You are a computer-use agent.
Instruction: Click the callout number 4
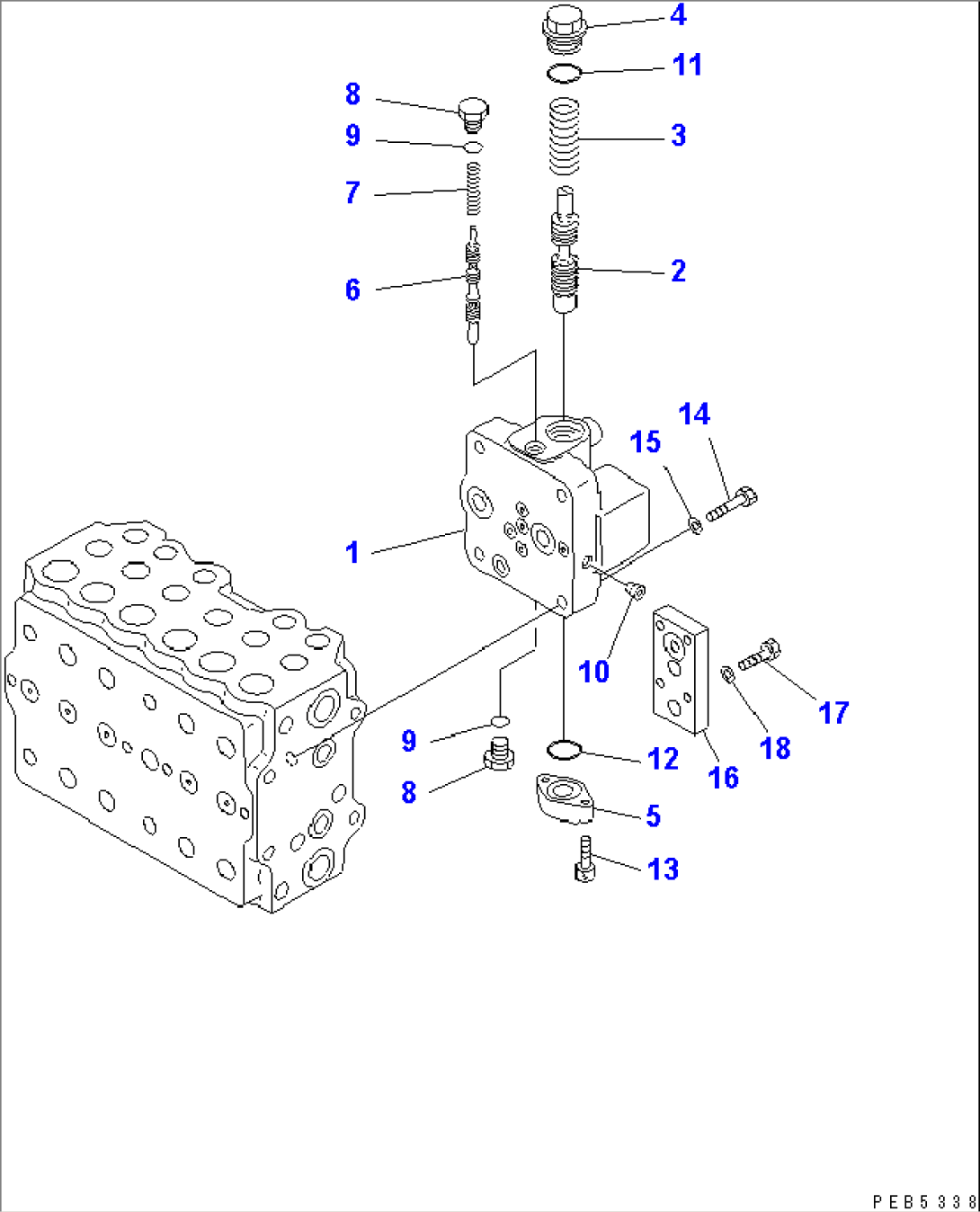click(x=678, y=15)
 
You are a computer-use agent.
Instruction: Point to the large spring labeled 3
click(x=564, y=137)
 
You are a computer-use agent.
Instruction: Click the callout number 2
click(x=678, y=271)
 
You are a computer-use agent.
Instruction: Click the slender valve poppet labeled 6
click(x=473, y=286)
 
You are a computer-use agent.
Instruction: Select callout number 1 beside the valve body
click(x=352, y=552)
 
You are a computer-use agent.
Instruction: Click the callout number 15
click(x=646, y=441)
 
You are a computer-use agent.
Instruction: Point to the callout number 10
click(x=593, y=671)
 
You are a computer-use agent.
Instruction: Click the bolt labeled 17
click(x=760, y=655)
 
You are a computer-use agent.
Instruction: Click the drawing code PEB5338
click(x=923, y=1201)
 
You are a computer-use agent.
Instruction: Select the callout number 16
click(x=724, y=778)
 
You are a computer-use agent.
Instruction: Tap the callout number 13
click(x=663, y=869)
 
